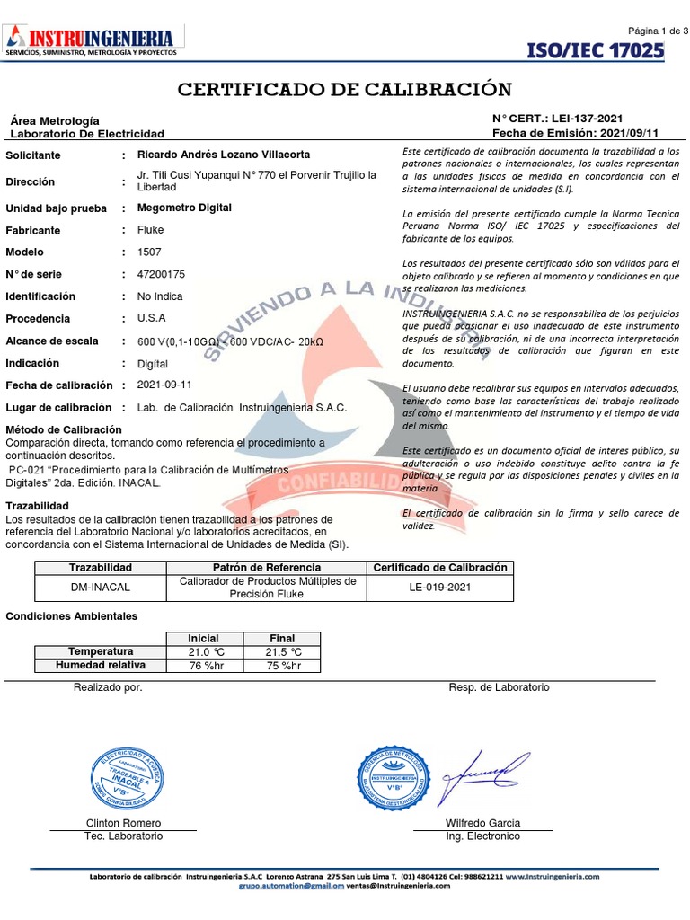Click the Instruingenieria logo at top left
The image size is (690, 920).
94,41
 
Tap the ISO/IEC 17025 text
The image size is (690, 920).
594,50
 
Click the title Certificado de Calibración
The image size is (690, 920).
345,90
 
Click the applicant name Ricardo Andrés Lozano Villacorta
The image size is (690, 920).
223,155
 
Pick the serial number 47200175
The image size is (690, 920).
162,274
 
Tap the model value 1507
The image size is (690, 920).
149,252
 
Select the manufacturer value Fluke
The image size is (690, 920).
150,230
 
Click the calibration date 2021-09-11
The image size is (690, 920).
164,385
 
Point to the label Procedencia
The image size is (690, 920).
38,319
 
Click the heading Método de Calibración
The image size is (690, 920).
64,430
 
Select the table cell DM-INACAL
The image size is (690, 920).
101,588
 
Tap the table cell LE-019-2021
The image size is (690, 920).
440,588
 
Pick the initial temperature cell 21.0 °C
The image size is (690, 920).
205,651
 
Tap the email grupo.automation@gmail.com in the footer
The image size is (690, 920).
291,885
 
